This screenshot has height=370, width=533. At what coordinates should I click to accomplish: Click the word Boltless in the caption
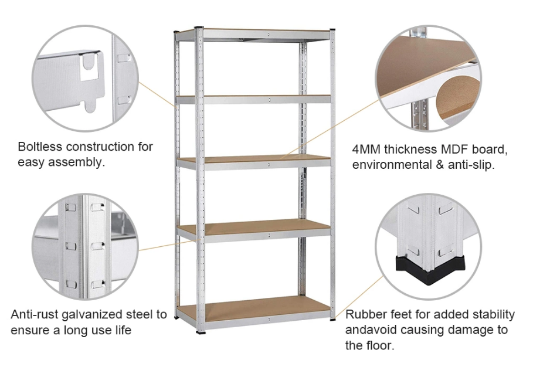click(x=40, y=147)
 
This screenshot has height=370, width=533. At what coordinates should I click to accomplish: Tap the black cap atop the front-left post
click(x=199, y=28)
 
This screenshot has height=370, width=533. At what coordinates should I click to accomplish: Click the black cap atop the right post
click(x=332, y=30)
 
